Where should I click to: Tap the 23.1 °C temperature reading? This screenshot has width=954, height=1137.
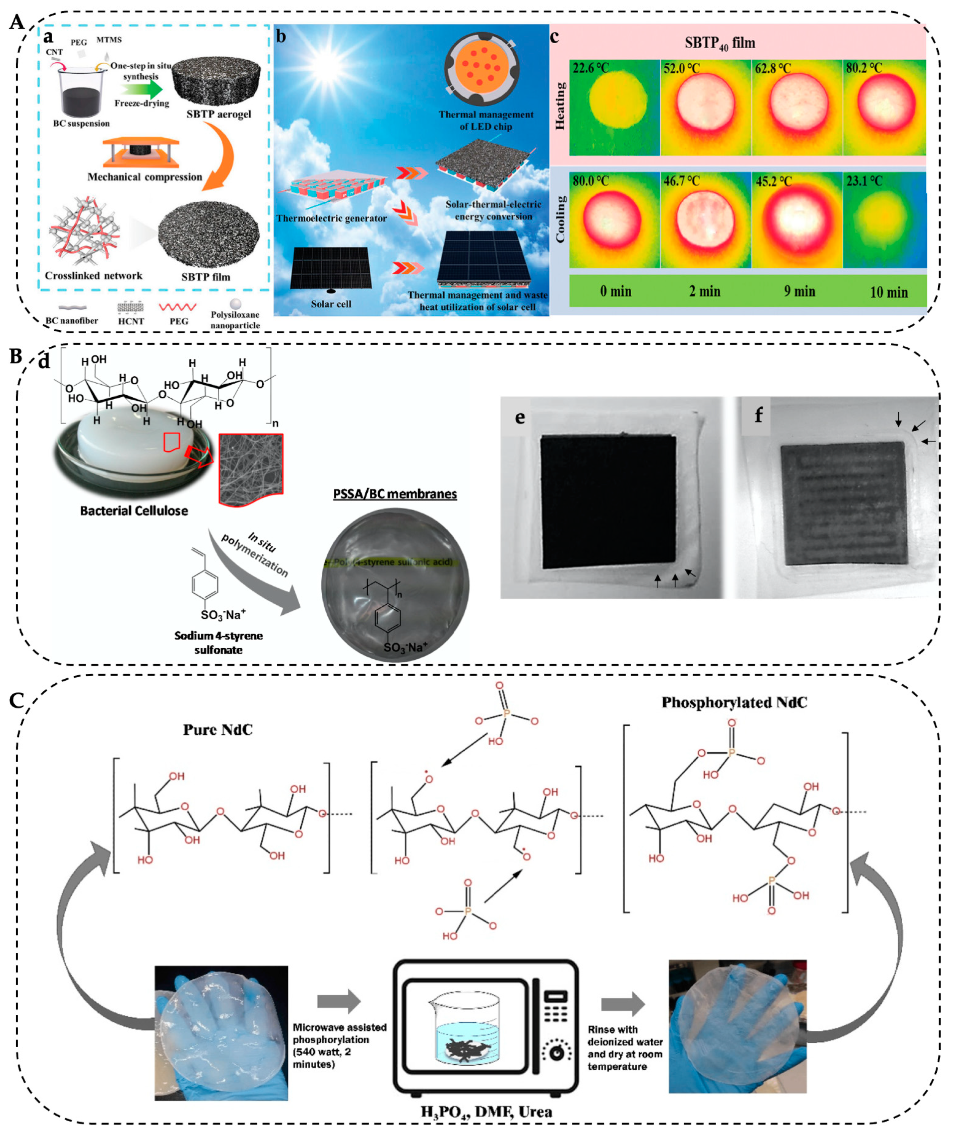click(864, 181)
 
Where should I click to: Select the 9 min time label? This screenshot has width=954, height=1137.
click(799, 291)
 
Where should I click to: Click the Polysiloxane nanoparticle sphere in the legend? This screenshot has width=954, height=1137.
click(235, 304)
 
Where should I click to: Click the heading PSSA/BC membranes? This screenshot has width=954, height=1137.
click(395, 494)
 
